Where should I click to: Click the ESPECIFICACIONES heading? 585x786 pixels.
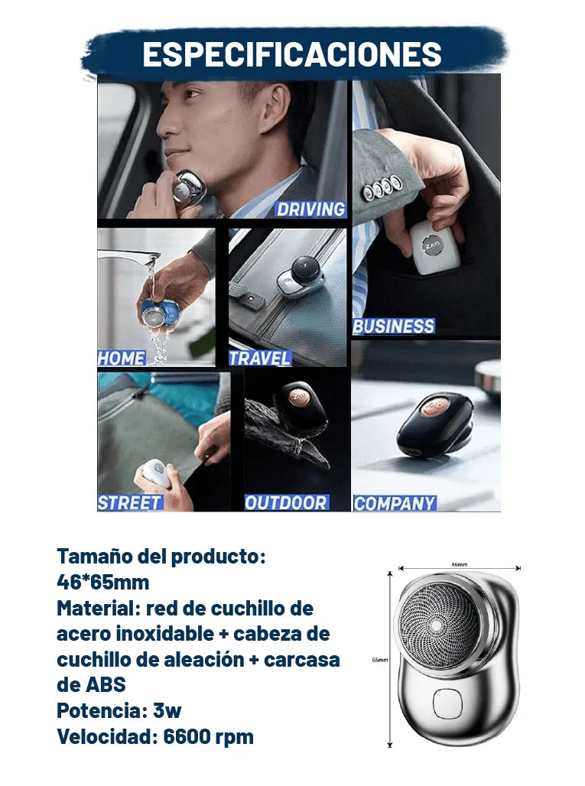click(x=292, y=54)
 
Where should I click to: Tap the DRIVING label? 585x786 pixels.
click(x=310, y=209)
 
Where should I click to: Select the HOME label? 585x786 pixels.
click(x=122, y=358)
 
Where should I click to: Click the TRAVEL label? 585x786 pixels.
click(x=260, y=358)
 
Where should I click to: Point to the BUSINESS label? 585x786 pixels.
click(x=394, y=326)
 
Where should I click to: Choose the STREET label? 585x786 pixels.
click(x=130, y=502)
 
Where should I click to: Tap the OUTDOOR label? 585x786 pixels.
click(x=286, y=502)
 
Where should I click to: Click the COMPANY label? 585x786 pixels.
click(x=395, y=503)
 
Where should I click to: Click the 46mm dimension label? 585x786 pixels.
click(x=459, y=564)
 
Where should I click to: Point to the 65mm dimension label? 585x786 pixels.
click(x=380, y=660)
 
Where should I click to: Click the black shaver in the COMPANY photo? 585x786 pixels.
click(x=435, y=424)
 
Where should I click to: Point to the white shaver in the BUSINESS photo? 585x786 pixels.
click(x=434, y=248)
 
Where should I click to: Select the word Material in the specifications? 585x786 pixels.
click(x=98, y=609)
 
